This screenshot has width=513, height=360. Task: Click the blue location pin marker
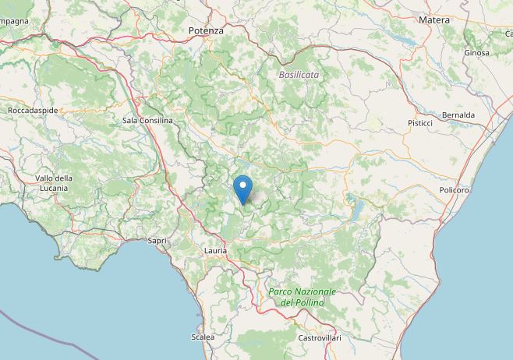click(x=244, y=189)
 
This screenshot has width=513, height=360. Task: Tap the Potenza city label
click(x=206, y=30)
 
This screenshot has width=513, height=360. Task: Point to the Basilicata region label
click(x=299, y=75)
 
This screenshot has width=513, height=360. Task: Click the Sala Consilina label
click(x=147, y=121)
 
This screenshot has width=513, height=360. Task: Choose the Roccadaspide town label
click(x=32, y=111)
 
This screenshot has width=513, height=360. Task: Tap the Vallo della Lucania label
click(x=53, y=183)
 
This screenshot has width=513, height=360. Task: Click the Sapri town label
click(x=157, y=241)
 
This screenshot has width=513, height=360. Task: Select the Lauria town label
click(x=215, y=251)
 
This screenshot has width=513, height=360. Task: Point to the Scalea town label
click(x=202, y=337)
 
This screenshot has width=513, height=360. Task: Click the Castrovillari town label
click(x=319, y=338)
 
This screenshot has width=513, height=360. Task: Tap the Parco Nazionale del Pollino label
click(x=302, y=296)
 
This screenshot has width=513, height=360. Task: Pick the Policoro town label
click(x=454, y=190)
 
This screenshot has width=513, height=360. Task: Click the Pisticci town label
click(x=420, y=124)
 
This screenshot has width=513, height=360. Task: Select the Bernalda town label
click(x=458, y=115)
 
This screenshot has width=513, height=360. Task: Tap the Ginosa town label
click(x=476, y=53)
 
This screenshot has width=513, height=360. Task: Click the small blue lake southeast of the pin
click(x=357, y=209)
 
